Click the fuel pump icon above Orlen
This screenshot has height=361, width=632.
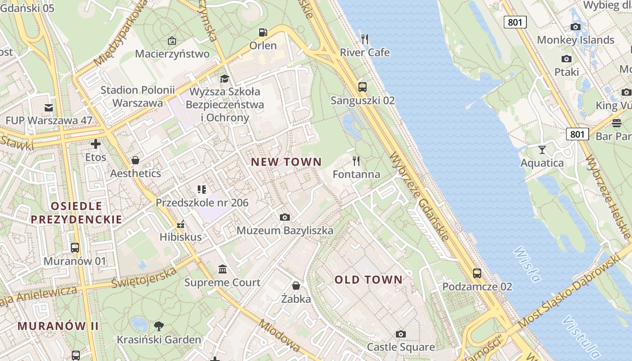263,32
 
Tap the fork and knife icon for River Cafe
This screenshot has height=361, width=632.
365,39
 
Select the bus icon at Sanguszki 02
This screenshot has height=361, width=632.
362,87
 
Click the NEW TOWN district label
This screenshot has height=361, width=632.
286,162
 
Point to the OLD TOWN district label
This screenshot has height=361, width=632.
368,280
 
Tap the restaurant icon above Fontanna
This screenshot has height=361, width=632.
356,161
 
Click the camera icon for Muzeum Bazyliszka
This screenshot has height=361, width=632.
284,218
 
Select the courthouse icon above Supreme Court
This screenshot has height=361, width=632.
223,269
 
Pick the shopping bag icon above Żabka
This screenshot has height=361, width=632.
296,286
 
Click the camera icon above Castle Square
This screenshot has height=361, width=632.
400,334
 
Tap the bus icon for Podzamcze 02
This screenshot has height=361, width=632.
477,273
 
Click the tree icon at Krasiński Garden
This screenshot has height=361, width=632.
158,326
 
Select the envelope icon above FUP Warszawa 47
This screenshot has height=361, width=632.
49,107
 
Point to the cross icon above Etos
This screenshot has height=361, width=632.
96,144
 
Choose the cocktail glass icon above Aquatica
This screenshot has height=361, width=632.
542,149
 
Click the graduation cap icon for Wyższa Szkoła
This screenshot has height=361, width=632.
224,79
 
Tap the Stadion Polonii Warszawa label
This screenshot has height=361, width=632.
137,96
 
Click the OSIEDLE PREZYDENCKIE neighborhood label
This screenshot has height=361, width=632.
76,213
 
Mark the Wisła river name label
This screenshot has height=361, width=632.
527,264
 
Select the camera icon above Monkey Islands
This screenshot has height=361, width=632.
576,27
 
